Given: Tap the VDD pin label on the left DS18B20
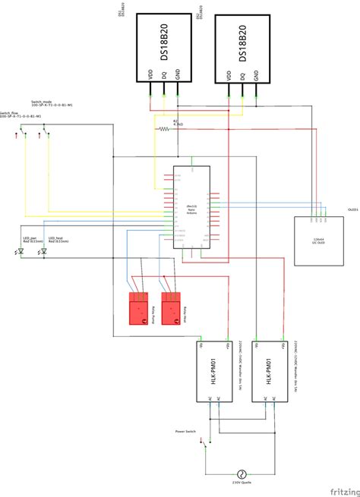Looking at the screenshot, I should (x=151, y=76).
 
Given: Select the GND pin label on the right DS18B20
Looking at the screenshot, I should (x=256, y=76).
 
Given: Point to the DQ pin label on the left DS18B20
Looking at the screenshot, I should (x=164, y=77).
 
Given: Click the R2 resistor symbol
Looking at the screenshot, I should (x=166, y=130).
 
